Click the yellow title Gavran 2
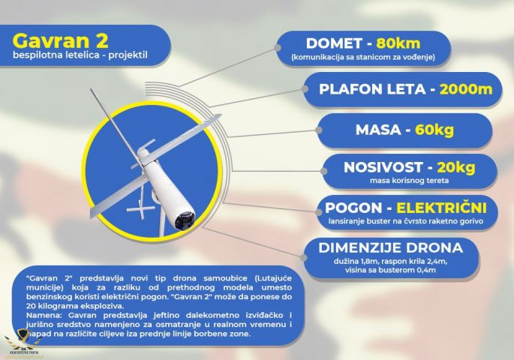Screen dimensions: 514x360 tap(60, 41)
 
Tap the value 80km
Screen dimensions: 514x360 tap(398, 43)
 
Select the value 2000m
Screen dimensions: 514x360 tap(466, 89)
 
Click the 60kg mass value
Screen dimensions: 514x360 tap(434, 130)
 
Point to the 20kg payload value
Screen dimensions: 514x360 tap(456, 167)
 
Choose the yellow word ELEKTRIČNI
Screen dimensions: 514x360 tap(441, 208)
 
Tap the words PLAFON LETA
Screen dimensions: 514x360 tap(372, 89)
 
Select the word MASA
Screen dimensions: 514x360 tap(378, 130)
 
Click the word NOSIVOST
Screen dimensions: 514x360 tap(383, 167)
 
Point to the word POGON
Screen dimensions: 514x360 tap(349, 208)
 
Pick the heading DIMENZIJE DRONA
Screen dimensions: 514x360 tap(390, 248)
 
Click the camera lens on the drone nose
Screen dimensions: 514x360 tap(185, 220)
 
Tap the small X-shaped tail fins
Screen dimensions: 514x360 tap(141, 207)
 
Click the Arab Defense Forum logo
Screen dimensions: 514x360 tap(23, 343)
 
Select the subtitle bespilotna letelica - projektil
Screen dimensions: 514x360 tap(80, 55)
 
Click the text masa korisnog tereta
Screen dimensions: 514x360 tap(410, 181)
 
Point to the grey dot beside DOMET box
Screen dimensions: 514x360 tap(278, 48)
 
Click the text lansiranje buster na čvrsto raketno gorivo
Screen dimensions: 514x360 tap(406, 221)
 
